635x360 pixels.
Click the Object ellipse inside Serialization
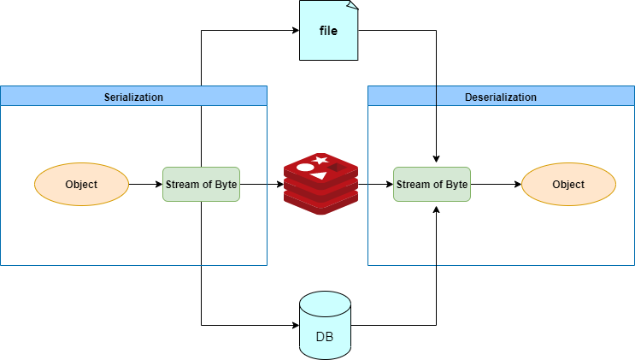pyautogui.click(x=81, y=184)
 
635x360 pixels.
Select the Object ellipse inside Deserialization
pyautogui.click(x=568, y=184)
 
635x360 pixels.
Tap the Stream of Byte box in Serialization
pyautogui.click(x=201, y=184)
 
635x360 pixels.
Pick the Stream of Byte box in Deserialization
pyautogui.click(x=432, y=184)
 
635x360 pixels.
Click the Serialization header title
pyautogui.click(x=133, y=97)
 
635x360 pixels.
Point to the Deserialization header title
pyautogui.click(x=501, y=97)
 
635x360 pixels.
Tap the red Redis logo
pyautogui.click(x=320, y=183)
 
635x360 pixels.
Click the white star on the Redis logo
pyautogui.click(x=320, y=160)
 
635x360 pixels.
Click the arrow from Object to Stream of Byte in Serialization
pyautogui.click(x=144, y=184)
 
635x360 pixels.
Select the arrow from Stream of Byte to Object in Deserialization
pyautogui.click(x=496, y=184)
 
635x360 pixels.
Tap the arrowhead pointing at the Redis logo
pyautogui.click(x=279, y=184)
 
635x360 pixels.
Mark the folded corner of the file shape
pyautogui.click(x=352, y=7)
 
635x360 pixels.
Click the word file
pyautogui.click(x=328, y=32)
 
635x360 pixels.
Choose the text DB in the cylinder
pyautogui.click(x=325, y=336)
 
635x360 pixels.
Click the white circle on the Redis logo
pyautogui.click(x=305, y=167)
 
